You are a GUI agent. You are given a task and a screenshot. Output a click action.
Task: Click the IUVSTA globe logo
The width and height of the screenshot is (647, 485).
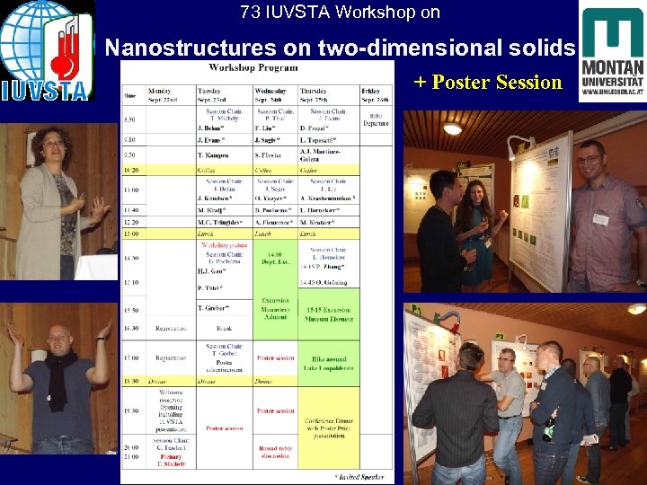tap(45, 49)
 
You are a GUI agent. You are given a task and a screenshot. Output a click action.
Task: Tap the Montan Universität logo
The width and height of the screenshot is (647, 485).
tap(611, 54)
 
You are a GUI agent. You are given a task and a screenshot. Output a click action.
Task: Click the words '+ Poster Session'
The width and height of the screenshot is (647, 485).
tap(488, 83)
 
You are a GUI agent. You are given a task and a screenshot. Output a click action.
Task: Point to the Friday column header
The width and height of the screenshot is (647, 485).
tap(376, 93)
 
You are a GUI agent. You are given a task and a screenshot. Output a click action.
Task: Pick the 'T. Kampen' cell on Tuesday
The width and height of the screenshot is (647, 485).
tap(215, 155)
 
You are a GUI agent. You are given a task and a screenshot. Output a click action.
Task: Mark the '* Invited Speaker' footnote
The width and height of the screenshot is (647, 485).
tap(359, 476)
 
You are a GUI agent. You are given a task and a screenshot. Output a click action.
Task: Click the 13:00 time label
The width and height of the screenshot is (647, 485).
tap(132, 234)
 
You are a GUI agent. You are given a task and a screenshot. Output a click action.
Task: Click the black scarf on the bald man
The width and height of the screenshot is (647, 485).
tap(58, 377)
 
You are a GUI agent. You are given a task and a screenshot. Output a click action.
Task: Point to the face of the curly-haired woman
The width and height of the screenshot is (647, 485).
tap(51, 148)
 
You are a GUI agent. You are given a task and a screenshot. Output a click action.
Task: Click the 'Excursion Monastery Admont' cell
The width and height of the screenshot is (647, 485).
tap(275, 307)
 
